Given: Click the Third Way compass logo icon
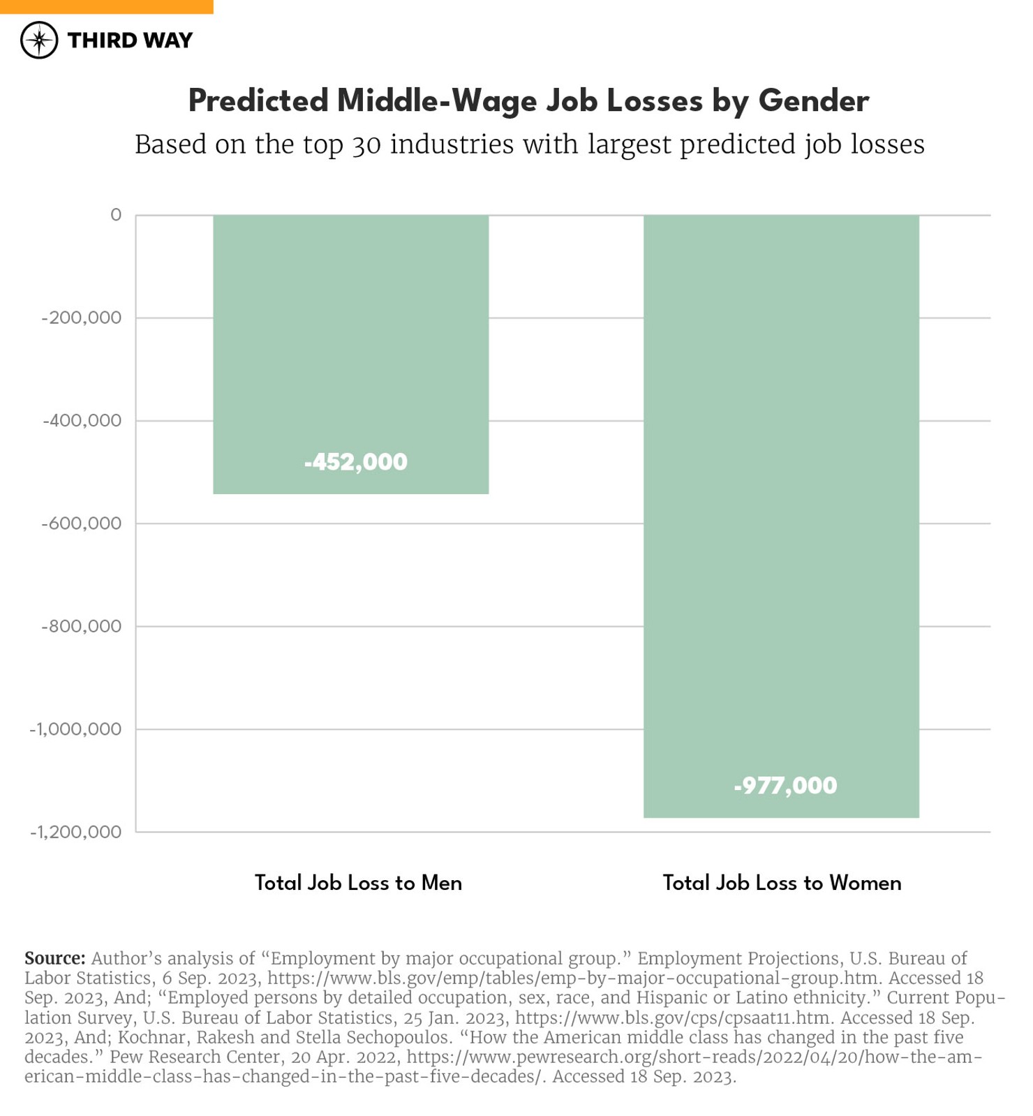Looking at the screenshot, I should click(39, 40).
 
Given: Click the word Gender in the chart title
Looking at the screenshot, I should click(813, 101).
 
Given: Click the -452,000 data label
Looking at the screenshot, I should click(355, 462).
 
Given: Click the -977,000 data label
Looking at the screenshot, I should click(785, 786).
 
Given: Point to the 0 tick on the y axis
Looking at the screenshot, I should click(116, 215).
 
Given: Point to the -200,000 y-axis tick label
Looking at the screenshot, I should click(82, 318).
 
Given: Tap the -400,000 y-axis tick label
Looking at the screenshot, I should click(82, 421).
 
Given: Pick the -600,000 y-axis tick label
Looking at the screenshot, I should click(82, 523).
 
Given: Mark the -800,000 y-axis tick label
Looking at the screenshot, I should click(82, 627).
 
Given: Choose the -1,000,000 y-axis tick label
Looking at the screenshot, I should click(75, 729).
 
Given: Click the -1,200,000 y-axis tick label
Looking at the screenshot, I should click(75, 832).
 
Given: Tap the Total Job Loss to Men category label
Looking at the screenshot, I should click(358, 884).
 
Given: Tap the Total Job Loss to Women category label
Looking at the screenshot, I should click(782, 884).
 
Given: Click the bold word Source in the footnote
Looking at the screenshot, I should click(54, 958).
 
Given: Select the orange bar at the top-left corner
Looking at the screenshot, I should click(106, 6).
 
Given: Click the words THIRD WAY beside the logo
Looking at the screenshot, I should click(130, 40).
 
